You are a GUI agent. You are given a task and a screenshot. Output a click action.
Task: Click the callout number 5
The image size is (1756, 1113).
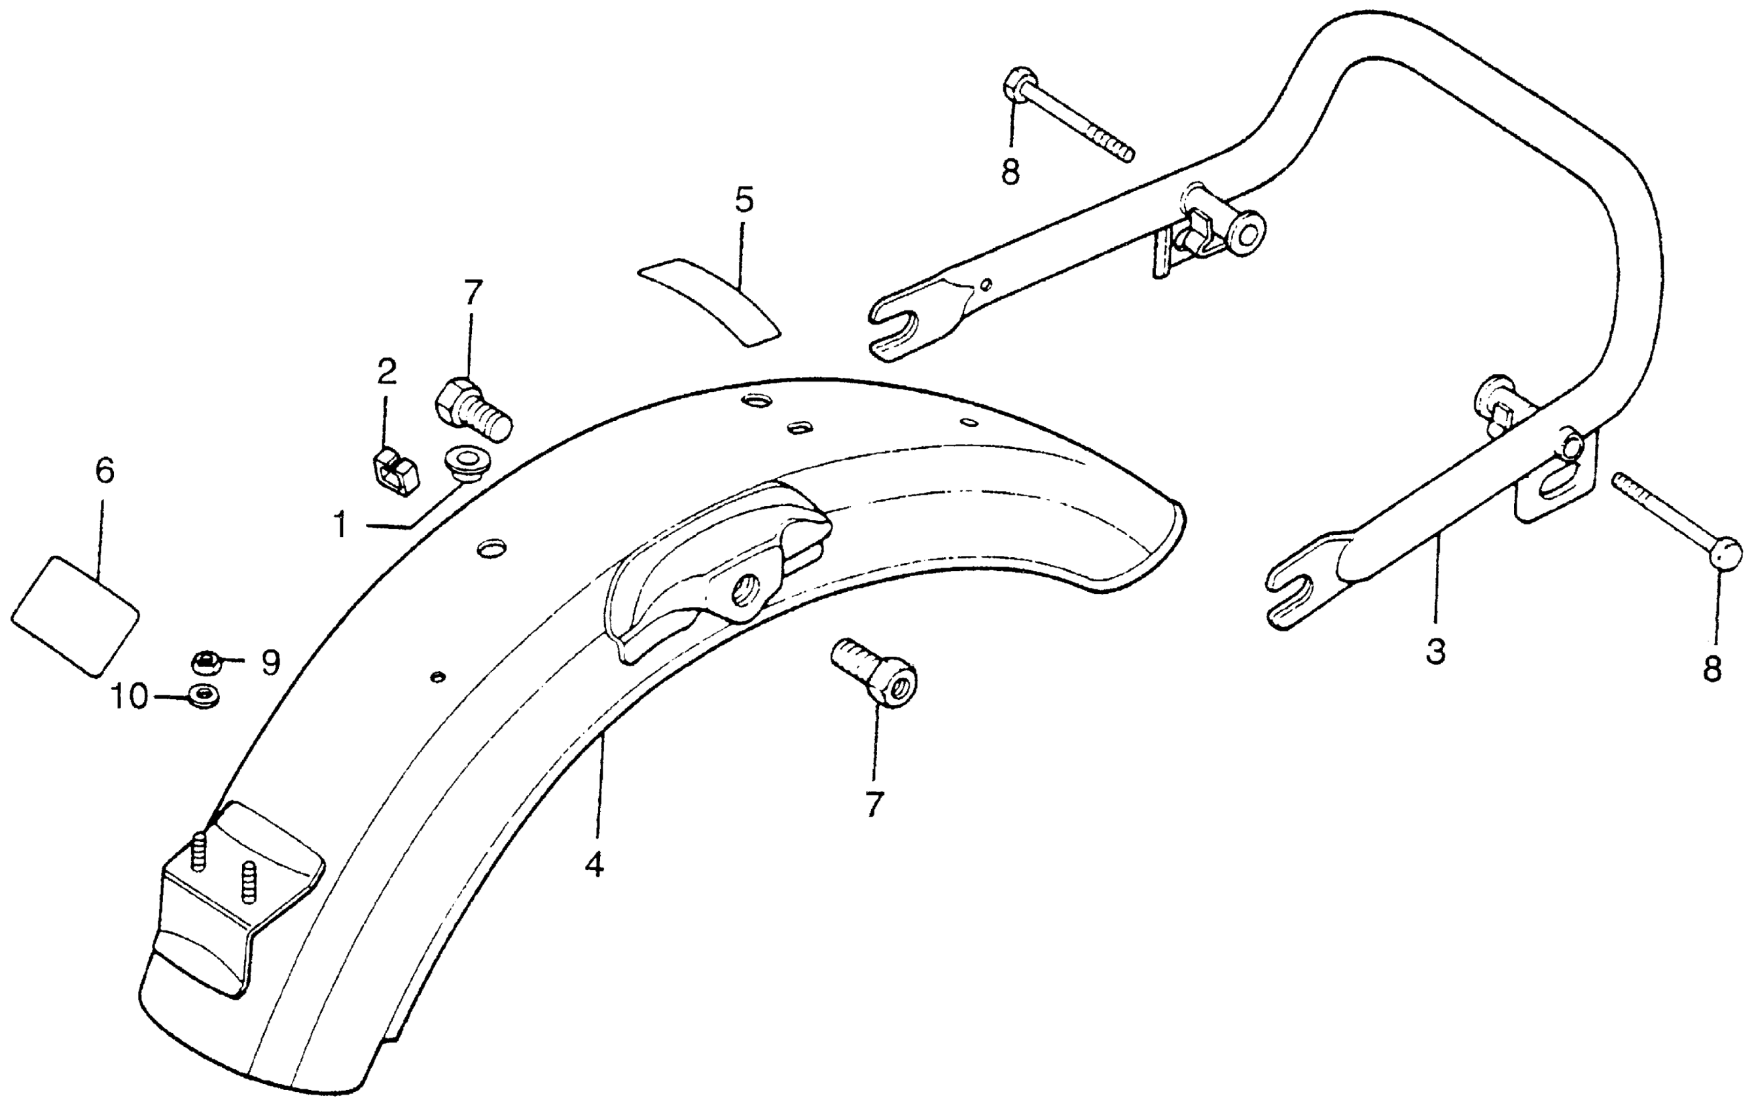point(744,200)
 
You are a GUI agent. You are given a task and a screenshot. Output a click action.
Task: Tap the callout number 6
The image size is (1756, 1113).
point(105,472)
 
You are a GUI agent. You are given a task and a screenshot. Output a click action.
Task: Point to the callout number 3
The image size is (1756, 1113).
point(1435,651)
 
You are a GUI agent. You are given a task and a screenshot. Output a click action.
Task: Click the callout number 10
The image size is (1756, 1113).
point(128,697)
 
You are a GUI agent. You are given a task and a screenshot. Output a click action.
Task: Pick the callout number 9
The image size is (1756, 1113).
point(270,663)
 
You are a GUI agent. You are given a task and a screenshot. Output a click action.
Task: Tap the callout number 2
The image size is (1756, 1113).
point(387,372)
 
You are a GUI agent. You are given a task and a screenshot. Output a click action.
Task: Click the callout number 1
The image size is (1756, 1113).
point(340,525)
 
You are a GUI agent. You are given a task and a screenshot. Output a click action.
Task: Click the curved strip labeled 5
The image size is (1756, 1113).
point(709,305)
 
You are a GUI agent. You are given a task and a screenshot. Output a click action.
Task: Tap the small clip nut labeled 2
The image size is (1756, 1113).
point(396,474)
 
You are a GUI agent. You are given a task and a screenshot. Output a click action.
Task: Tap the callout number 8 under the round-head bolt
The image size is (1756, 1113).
point(1711,668)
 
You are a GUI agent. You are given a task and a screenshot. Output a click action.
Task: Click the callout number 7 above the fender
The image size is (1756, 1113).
point(473,293)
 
